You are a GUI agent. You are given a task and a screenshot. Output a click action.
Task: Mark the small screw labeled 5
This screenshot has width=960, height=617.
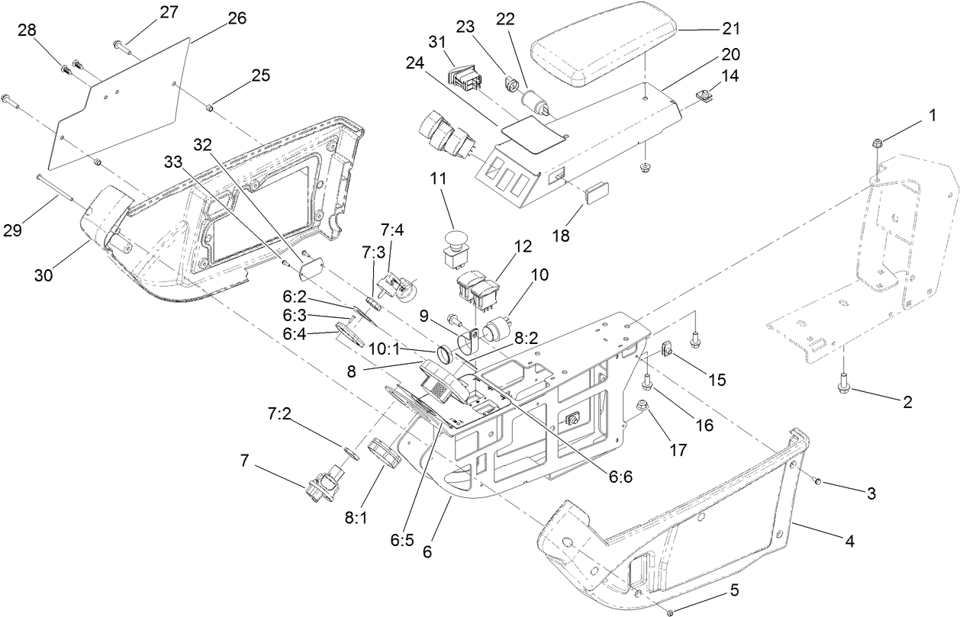tap(669, 612)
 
